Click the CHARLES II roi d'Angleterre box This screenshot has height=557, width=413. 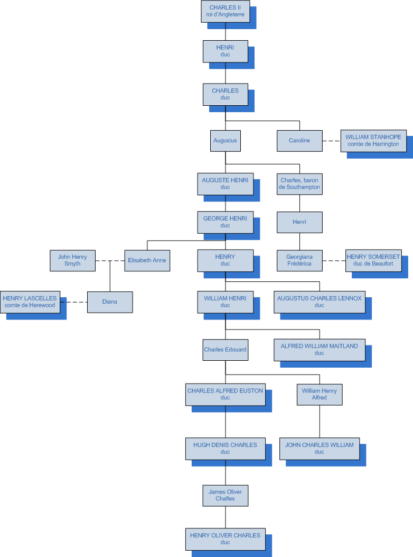[225, 11]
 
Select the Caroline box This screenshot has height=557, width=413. [299, 141]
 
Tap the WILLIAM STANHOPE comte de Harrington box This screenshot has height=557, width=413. [373, 141]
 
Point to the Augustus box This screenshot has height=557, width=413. [226, 141]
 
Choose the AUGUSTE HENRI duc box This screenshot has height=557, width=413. [225, 184]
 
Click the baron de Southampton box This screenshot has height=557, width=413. [299, 184]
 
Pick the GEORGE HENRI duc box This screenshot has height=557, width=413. [225, 222]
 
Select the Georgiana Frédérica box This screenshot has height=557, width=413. [299, 260]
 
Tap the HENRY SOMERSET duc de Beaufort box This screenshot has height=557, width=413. [373, 260]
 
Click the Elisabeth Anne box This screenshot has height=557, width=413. [147, 260]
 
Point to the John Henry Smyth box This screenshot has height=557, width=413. [73, 260]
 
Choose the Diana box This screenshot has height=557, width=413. [110, 302]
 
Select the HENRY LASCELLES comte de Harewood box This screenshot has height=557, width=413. [30, 302]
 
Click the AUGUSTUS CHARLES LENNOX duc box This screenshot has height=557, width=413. [319, 302]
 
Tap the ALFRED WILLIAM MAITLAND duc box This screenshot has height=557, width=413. [319, 350]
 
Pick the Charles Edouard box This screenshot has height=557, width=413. [226, 350]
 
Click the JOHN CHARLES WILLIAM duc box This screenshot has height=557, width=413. [319, 449]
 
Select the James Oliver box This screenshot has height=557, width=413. [226, 495]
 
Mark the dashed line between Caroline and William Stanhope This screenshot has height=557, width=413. [331, 141]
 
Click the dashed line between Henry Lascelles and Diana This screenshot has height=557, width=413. [73, 302]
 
